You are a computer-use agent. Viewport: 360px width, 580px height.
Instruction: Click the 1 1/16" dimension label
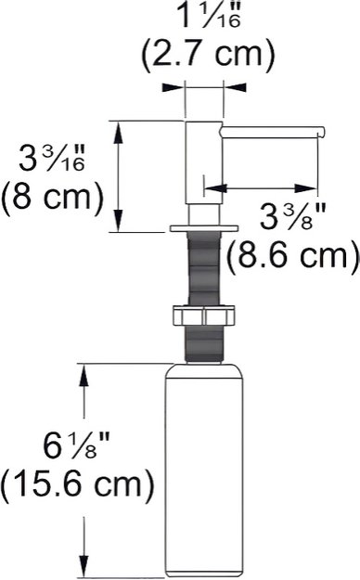tap(209, 15)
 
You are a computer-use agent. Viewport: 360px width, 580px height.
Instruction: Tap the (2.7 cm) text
tap(208, 55)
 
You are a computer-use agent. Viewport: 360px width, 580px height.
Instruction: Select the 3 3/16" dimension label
tap(53, 158)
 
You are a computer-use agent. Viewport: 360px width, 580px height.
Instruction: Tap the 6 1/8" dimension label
tap(76, 445)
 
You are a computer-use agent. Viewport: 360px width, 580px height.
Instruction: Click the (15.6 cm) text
tap(77, 485)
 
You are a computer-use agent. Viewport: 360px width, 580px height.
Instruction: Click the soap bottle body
tap(204, 470)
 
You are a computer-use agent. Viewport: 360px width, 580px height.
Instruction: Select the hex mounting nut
tap(203, 316)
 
